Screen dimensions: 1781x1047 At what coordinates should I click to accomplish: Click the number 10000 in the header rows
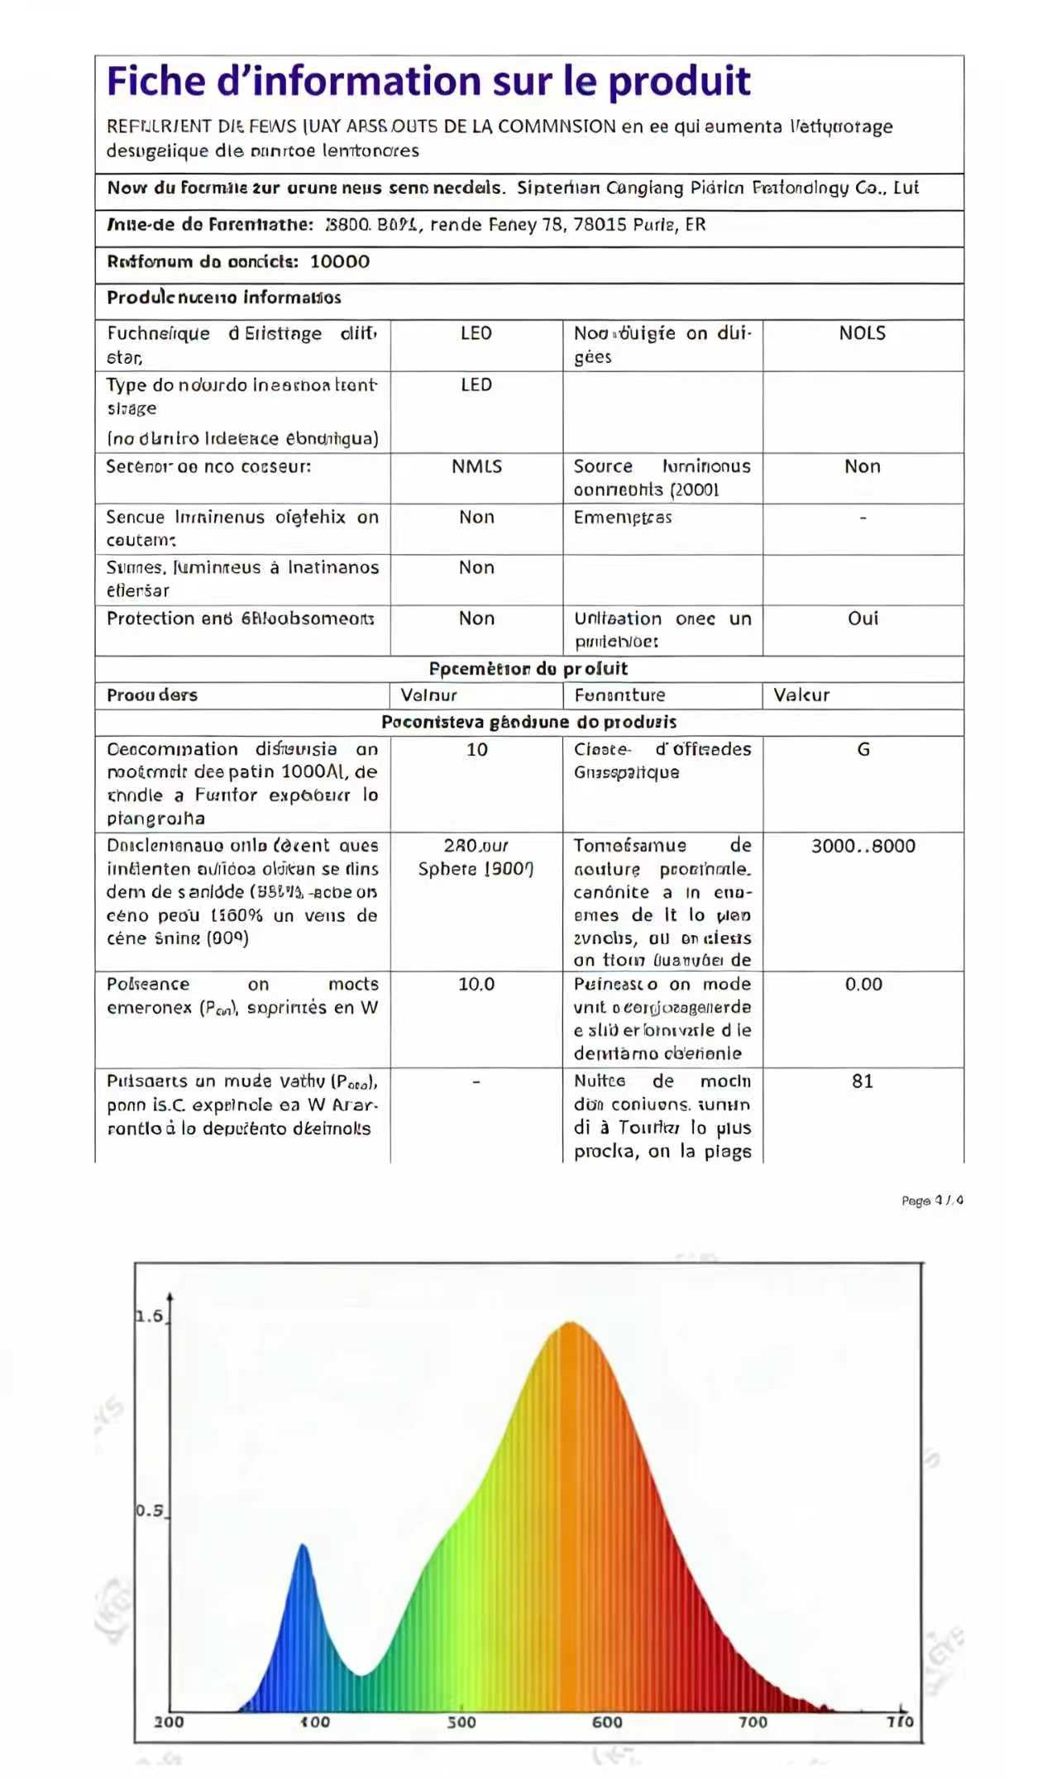pos(339,262)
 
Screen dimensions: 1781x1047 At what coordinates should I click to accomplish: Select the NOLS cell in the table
pos(862,333)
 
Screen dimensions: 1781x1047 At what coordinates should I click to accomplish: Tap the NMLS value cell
pos(476,467)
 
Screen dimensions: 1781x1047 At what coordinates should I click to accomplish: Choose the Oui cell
pos(863,618)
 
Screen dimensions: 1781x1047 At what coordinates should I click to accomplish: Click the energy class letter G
pos(863,750)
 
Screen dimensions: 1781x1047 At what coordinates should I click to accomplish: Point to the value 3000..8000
pos(863,846)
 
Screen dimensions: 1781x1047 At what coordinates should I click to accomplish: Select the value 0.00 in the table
pos(863,984)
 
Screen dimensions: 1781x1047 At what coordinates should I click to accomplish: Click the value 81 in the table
pos(862,1081)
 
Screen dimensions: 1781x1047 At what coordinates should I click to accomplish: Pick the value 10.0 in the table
pos(476,984)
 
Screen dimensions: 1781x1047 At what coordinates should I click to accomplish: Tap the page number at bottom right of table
pos(932,1201)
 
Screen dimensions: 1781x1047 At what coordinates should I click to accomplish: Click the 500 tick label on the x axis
pos(461,1721)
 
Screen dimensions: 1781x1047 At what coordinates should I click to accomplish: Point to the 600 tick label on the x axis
pos(607,1721)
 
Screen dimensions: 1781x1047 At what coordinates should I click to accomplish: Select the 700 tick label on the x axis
pos(753,1721)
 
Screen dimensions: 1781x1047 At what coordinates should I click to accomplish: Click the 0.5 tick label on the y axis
pos(150,1511)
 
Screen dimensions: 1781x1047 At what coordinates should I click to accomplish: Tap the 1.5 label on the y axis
pos(150,1316)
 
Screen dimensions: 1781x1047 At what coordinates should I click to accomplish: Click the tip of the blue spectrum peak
pos(303,1545)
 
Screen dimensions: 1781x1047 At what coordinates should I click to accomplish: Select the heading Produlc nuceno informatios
pos(223,298)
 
